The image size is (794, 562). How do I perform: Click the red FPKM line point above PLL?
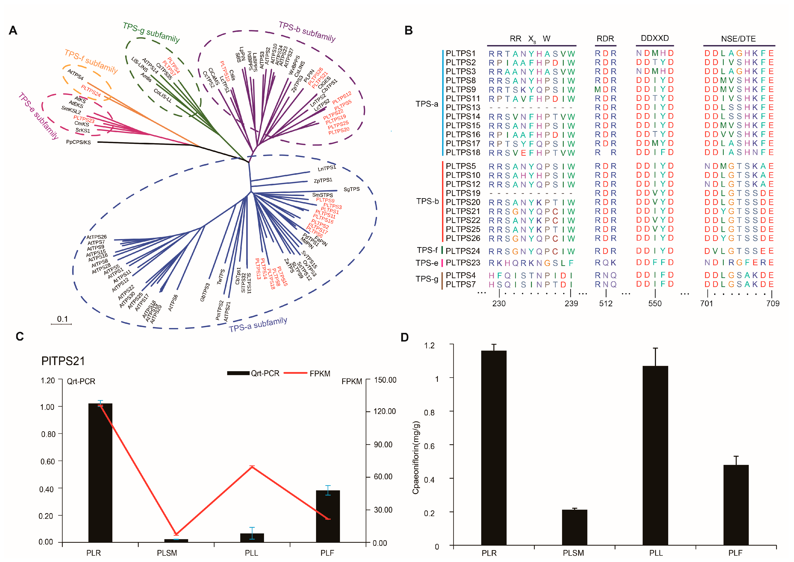pyautogui.click(x=252, y=467)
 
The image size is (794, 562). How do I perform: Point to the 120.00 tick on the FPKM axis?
pyautogui.click(x=384, y=411)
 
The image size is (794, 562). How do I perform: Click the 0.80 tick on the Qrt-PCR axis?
pyautogui.click(x=48, y=434)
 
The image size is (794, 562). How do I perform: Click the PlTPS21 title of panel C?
pyautogui.click(x=63, y=361)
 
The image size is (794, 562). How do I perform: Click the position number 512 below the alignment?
pyautogui.click(x=606, y=304)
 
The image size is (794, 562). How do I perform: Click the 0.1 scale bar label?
pyautogui.click(x=62, y=319)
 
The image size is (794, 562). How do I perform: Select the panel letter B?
pyautogui.click(x=409, y=30)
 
